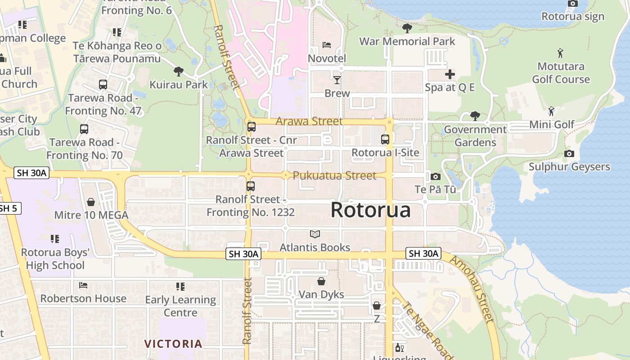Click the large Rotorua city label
pyautogui.click(x=371, y=210)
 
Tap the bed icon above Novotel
pyautogui.click(x=327, y=45)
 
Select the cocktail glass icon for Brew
pyautogui.click(x=337, y=80)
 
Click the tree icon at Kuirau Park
pyautogui.click(x=179, y=71)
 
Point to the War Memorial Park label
pyautogui.click(x=407, y=41)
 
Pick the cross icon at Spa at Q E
pyautogui.click(x=450, y=74)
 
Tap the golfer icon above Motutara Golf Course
pyautogui.click(x=560, y=53)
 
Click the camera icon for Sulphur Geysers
pyautogui.click(x=569, y=154)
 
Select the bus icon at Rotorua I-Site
pyautogui.click(x=385, y=139)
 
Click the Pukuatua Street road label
pyautogui.click(x=334, y=175)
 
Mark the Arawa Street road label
pyautogui.click(x=309, y=121)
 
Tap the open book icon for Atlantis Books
pyautogui.click(x=315, y=234)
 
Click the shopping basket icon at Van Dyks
pyautogui.click(x=321, y=282)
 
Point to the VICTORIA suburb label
pyautogui.click(x=173, y=344)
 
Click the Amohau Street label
pyautogui.click(x=472, y=289)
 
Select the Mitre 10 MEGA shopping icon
pyautogui.click(x=91, y=202)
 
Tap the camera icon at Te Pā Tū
pyautogui.click(x=435, y=177)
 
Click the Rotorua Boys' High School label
pyautogui.click(x=55, y=259)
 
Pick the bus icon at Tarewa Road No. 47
pyautogui.click(x=103, y=85)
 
